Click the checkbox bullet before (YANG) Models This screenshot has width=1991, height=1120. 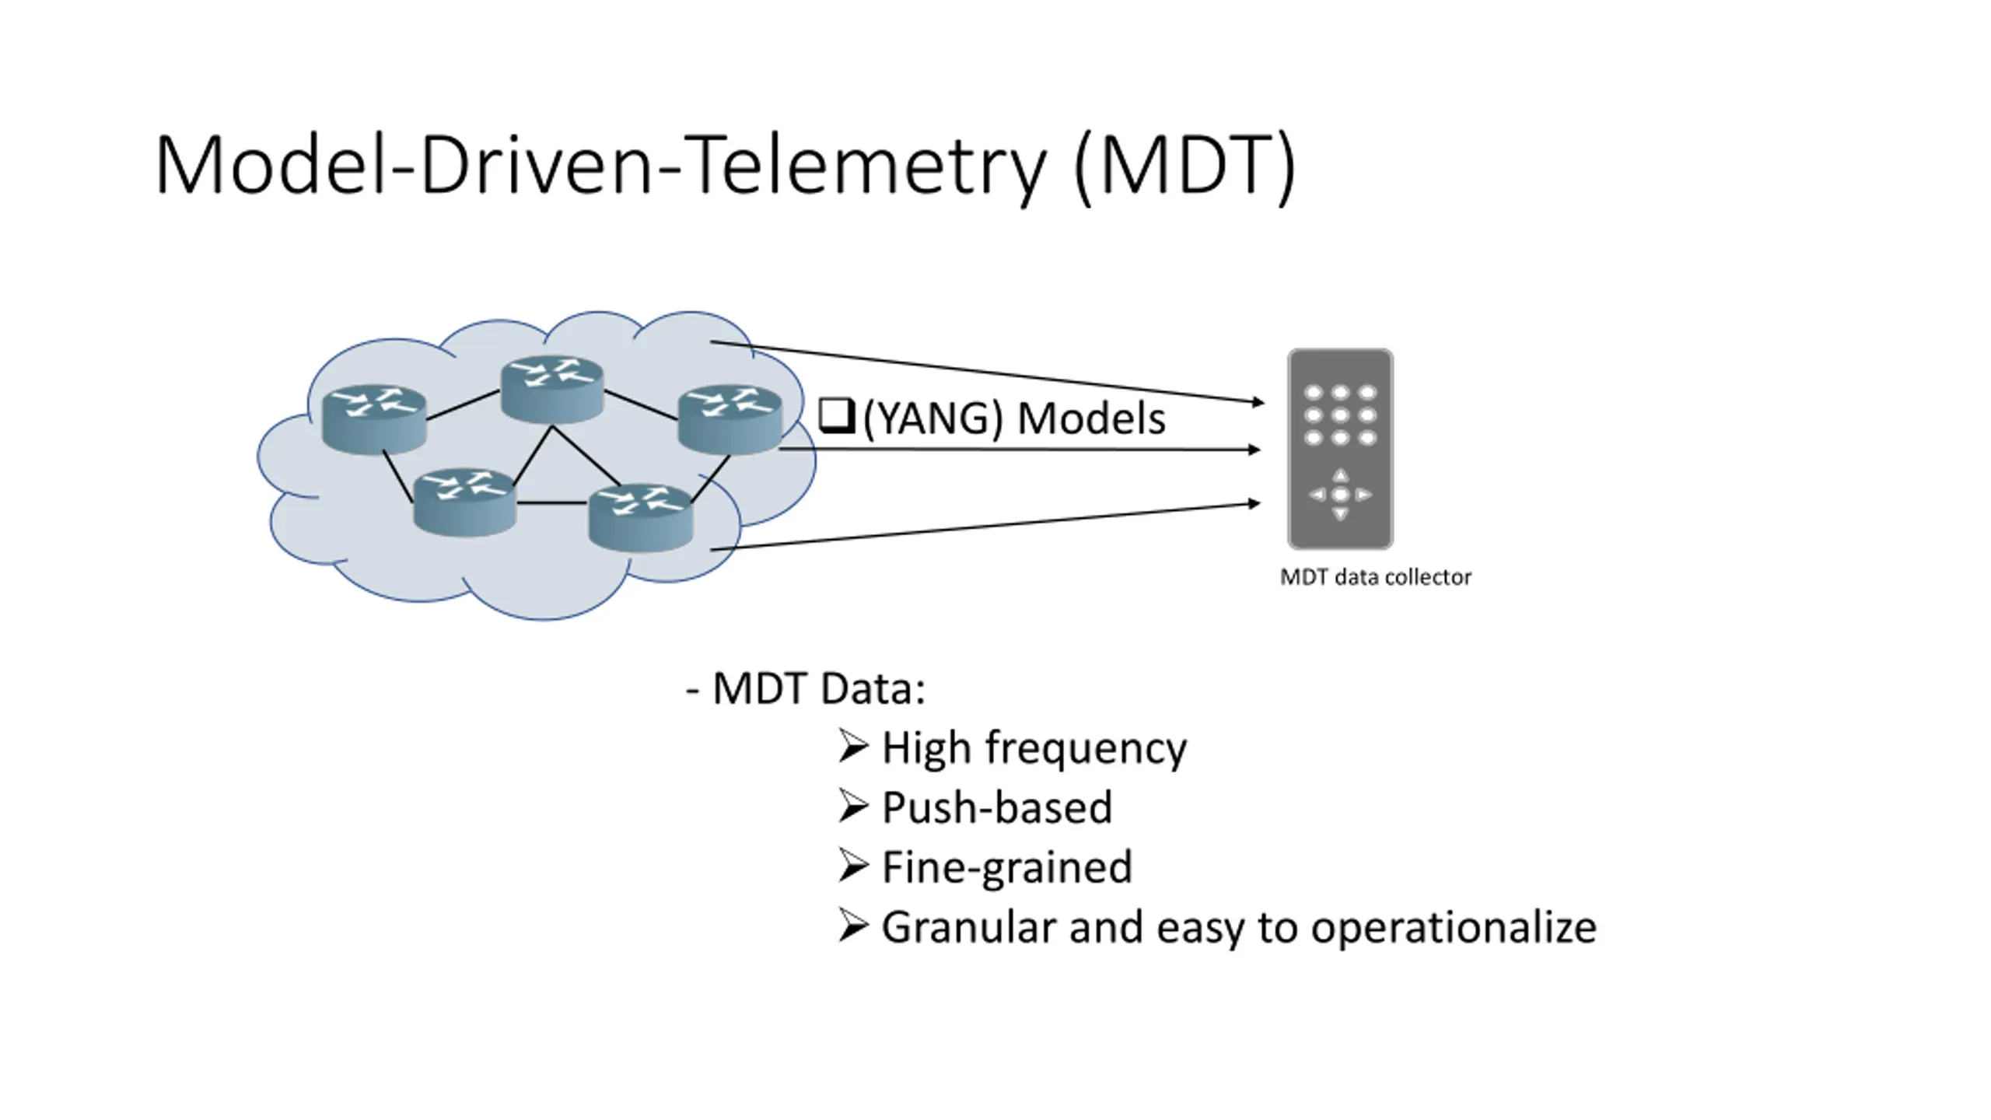click(837, 416)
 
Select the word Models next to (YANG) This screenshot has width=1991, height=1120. click(1091, 418)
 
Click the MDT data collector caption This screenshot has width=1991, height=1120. click(1375, 577)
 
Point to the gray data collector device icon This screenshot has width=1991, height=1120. click(1340, 449)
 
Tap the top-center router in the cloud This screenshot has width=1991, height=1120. click(552, 389)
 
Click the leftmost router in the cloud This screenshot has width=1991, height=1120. click(374, 419)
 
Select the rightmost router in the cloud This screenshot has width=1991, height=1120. click(730, 419)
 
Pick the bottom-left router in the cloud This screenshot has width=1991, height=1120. click(464, 502)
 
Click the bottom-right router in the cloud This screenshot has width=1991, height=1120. click(641, 517)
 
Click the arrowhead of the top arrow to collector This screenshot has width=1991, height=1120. click(1258, 401)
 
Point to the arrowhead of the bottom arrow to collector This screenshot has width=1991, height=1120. click(1254, 504)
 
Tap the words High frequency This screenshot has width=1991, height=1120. click(1034, 749)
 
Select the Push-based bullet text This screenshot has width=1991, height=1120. click(997, 807)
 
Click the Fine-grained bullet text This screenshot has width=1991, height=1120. click(1007, 868)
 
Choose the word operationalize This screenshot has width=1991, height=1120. click(1454, 928)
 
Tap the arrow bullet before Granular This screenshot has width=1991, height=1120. click(853, 926)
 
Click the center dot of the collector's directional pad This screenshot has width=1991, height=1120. click(1340, 495)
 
